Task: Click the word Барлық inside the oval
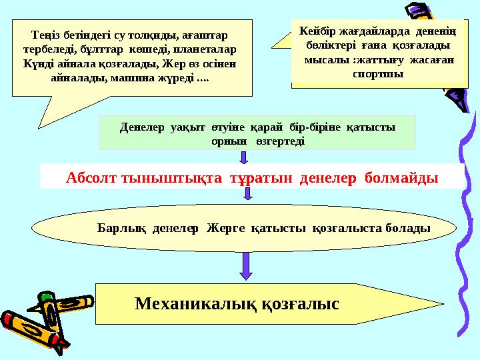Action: pyautogui.click(x=121, y=228)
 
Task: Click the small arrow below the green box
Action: pyautogui.click(x=243, y=157)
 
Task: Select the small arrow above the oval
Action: pyautogui.click(x=248, y=194)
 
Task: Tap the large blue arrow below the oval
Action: pyautogui.click(x=245, y=265)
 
